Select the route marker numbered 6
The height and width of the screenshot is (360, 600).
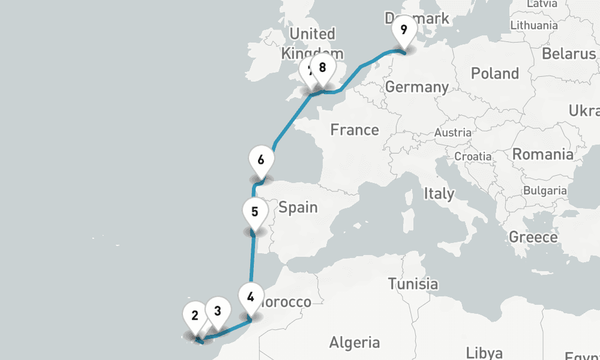260,161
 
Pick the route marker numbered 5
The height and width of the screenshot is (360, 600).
255,212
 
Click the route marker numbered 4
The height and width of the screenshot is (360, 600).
250,296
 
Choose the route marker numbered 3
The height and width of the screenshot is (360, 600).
217,311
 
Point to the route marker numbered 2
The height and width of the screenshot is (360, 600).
195,316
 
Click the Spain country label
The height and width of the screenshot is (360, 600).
298,208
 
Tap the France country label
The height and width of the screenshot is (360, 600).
355,130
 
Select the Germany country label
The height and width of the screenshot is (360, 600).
416,87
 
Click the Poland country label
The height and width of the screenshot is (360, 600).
495,74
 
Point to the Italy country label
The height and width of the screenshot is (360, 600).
439,194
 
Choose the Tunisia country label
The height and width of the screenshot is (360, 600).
413,284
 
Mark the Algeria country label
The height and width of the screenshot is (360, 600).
355,343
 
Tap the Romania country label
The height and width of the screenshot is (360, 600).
542,154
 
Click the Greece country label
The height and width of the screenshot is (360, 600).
533,237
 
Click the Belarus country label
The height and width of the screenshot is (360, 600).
569,53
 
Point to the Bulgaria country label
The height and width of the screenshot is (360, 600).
545,191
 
